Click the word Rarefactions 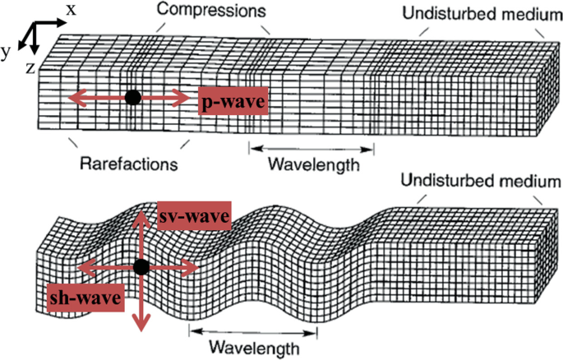[129, 163]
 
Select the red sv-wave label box [194, 215]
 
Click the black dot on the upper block [133, 97]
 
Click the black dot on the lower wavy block [141, 266]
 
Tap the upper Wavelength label [313, 164]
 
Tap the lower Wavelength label [252, 348]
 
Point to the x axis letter [72, 9]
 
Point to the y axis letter [6, 51]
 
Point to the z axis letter [30, 68]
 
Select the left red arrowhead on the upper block [73, 98]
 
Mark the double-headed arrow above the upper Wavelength [311, 149]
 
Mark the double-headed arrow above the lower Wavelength [252, 332]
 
